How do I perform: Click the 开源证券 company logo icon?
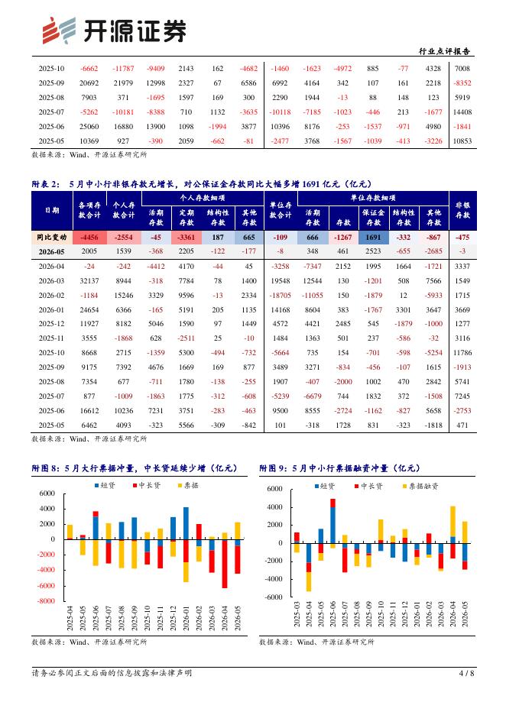pos(59,31)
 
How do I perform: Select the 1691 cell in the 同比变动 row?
pos(373,237)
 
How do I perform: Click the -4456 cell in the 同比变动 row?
pos(89,237)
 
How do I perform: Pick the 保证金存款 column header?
pos(373,218)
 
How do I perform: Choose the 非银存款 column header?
pos(462,210)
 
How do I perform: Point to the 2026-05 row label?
pos(51,251)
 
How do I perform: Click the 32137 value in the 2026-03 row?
pos(89,281)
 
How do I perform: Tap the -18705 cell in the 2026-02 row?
pos(281,296)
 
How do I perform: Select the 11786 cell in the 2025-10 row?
pos(462,353)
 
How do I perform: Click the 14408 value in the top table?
pos(462,112)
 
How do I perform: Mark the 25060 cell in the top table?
pos(89,127)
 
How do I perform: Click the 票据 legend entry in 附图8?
pos(188,486)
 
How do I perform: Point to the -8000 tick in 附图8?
pos(47,601)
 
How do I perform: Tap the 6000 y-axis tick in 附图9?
pos(274,489)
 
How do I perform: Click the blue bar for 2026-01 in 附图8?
pos(187,523)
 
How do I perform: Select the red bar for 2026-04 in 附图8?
pos(225,564)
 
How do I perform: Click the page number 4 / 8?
pos(466,673)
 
